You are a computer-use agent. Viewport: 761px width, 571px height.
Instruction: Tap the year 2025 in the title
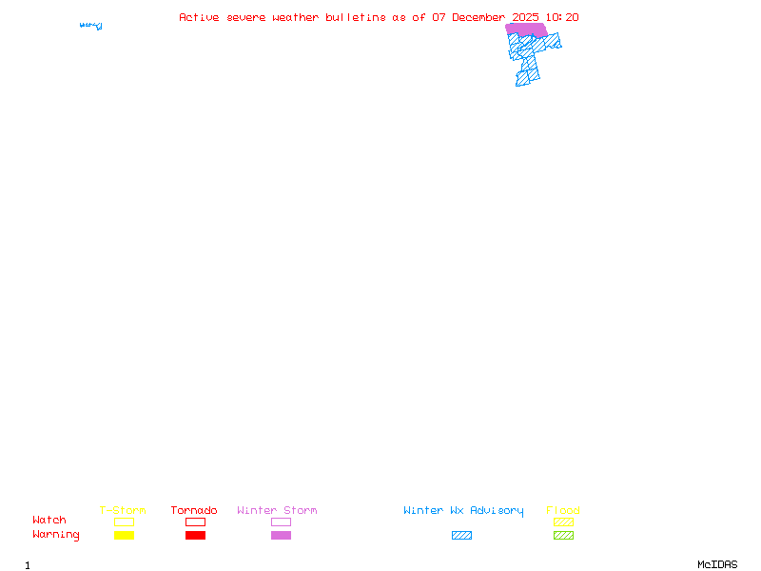pyautogui.click(x=526, y=17)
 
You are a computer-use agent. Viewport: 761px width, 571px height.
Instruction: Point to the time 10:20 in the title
pyautogui.click(x=563, y=17)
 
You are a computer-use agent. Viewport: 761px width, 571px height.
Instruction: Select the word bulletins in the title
pyautogui.click(x=356, y=17)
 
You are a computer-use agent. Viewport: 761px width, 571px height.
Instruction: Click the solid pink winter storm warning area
pyautogui.click(x=526, y=30)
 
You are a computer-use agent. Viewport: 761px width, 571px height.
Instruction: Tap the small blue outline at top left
pyautogui.click(x=91, y=26)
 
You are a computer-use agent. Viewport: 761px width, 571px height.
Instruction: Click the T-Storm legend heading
pyautogui.click(x=123, y=511)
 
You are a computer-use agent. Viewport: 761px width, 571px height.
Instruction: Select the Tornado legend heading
pyautogui.click(x=194, y=511)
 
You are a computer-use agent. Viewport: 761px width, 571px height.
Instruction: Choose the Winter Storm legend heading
pyautogui.click(x=277, y=511)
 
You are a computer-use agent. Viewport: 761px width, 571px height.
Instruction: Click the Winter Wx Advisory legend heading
pyautogui.click(x=463, y=511)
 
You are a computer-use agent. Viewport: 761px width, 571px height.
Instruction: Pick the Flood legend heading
pyautogui.click(x=563, y=511)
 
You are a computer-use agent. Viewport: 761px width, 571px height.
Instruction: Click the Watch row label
pyautogui.click(x=49, y=521)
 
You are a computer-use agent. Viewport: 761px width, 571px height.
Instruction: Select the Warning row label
pyautogui.click(x=56, y=535)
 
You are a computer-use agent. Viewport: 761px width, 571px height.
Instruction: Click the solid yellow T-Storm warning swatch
pyautogui.click(x=124, y=536)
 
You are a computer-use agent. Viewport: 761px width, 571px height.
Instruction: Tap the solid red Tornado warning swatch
pyautogui.click(x=195, y=536)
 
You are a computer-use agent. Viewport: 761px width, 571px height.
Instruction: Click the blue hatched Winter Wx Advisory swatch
pyautogui.click(x=461, y=536)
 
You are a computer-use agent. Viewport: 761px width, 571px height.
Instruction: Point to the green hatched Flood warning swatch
pyautogui.click(x=563, y=536)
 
